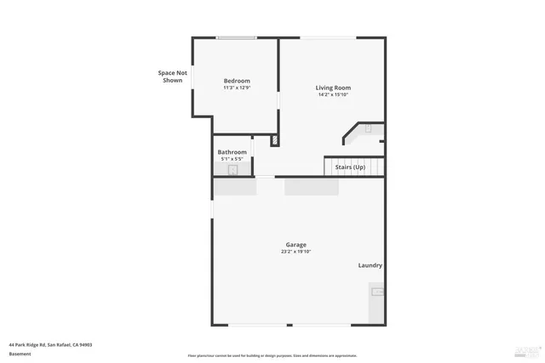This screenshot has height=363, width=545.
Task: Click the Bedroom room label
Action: pyautogui.click(x=237, y=81)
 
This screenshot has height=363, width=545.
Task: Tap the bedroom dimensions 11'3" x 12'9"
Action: pyautogui.click(x=237, y=88)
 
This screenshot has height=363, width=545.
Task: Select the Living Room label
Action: pyautogui.click(x=333, y=88)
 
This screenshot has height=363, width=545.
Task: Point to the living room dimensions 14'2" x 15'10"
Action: pyautogui.click(x=333, y=94)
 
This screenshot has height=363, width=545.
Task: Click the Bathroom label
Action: pyautogui.click(x=232, y=152)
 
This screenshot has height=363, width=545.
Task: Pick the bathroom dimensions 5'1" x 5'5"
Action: pyautogui.click(x=232, y=159)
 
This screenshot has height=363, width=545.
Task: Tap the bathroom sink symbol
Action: pyautogui.click(x=232, y=170)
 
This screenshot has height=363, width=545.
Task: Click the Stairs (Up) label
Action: pyautogui.click(x=350, y=167)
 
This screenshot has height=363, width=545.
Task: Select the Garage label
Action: pyautogui.click(x=295, y=245)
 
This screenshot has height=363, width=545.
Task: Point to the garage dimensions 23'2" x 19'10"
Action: pyautogui.click(x=295, y=252)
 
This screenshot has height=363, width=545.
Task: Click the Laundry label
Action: pyautogui.click(x=370, y=265)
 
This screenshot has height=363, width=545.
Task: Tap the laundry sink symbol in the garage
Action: pyautogui.click(x=376, y=292)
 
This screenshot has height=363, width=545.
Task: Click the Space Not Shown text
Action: pyautogui.click(x=172, y=77)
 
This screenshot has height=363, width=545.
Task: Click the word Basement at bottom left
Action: pyautogui.click(x=20, y=354)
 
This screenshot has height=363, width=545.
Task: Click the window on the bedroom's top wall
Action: pyautogui.click(x=236, y=37)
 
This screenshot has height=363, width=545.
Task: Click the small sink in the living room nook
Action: pyautogui.click(x=368, y=129)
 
